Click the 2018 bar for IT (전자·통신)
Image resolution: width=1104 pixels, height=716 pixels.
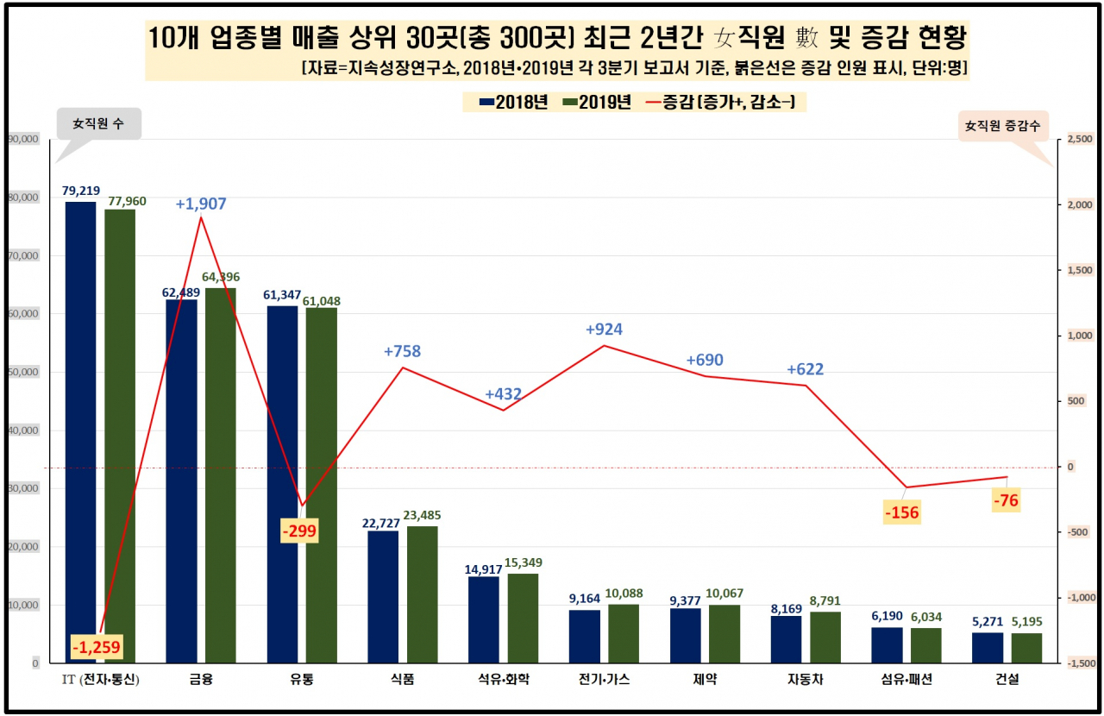tap(81, 432)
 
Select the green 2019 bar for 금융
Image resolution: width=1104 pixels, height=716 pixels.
tap(221, 475)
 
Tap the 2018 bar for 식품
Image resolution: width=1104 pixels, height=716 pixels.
tap(383, 597)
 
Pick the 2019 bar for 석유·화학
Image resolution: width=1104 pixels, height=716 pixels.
tap(523, 619)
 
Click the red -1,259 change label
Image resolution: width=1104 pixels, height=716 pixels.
tap(96, 646)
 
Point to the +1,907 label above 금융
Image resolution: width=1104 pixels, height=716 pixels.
tap(201, 204)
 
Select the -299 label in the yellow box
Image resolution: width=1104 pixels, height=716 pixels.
tap(299, 531)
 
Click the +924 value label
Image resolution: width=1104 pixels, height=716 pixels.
tap(604, 330)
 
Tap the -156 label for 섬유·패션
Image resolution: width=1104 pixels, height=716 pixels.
tap(902, 512)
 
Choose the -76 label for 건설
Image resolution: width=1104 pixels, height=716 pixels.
tap(1006, 500)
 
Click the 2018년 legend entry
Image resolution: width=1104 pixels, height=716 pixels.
tap(513, 102)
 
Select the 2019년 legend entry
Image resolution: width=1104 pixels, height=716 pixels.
tap(597, 102)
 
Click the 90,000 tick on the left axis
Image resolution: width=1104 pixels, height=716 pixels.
tap(23, 139)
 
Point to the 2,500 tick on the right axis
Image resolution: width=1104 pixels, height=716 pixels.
tap(1080, 139)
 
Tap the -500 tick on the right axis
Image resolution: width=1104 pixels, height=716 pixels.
tap(1078, 532)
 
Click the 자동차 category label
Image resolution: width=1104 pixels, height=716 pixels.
tap(806, 679)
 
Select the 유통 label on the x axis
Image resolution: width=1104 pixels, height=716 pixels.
tap(302, 679)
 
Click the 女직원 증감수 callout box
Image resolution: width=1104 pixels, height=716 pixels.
tap(1003, 126)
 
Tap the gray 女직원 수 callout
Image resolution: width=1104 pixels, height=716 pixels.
tap(98, 123)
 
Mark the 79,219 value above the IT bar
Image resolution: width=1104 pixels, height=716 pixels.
tap(81, 191)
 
